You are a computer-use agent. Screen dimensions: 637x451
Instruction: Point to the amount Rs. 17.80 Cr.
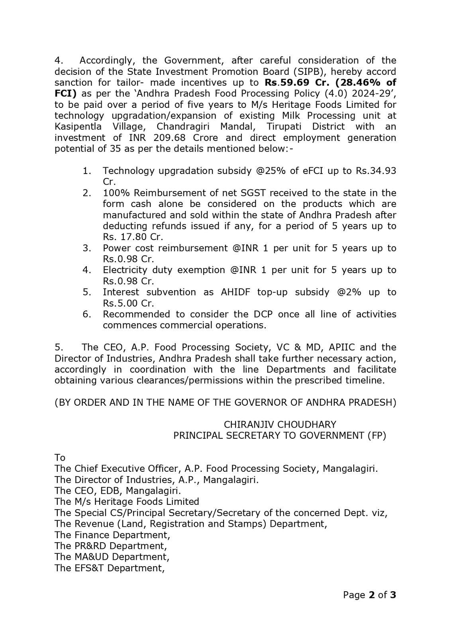133,237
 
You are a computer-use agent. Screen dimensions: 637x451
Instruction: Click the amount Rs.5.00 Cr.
128,303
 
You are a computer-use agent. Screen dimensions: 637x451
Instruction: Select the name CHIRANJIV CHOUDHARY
280,424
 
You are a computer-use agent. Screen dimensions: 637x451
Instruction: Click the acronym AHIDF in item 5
236,292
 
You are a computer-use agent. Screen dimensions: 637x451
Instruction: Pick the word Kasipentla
78,127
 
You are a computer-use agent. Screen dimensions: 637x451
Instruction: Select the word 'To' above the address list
60,457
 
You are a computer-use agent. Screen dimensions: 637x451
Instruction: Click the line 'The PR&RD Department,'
111,546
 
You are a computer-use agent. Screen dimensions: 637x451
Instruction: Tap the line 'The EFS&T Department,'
110,568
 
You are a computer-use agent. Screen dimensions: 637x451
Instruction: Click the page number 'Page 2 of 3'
369,595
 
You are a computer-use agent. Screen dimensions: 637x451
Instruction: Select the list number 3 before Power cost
87,248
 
